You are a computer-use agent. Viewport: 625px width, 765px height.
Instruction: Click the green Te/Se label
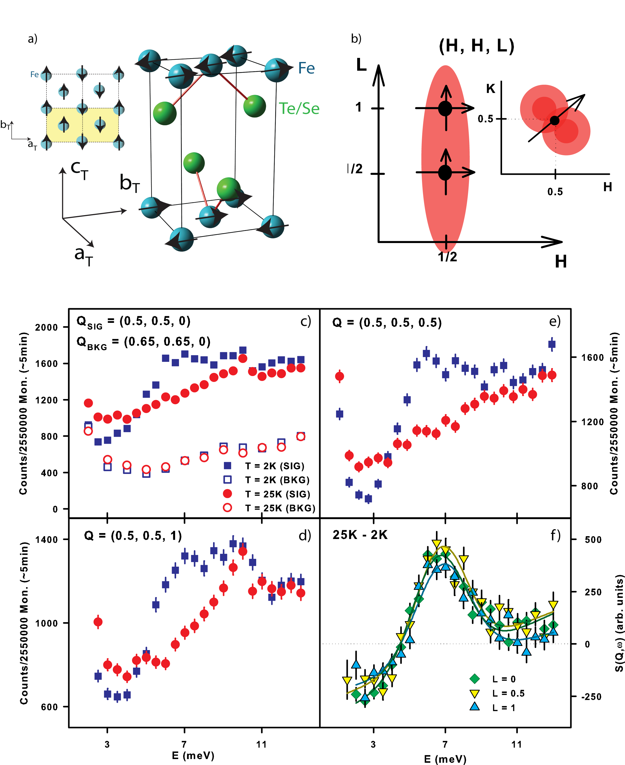pyautogui.click(x=299, y=108)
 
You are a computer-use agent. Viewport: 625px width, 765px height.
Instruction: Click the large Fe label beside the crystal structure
pyautogui.click(x=306, y=68)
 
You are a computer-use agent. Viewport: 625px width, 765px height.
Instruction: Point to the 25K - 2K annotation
pyautogui.click(x=360, y=535)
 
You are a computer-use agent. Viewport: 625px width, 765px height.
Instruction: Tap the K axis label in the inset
pyautogui.click(x=490, y=89)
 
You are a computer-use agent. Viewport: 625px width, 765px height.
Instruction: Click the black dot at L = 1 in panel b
pyautogui.click(x=445, y=108)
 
